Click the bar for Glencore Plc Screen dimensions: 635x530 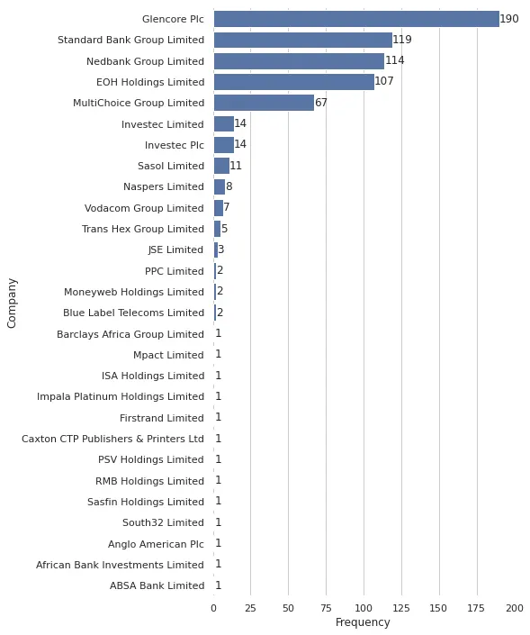click(356, 19)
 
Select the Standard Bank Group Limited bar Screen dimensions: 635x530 click(302, 40)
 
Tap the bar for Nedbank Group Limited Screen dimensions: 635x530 click(299, 61)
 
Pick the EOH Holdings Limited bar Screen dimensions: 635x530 click(293, 82)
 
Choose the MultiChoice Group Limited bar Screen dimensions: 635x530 click(264, 103)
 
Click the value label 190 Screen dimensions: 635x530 click(509, 19)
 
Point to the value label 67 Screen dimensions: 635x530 click(321, 103)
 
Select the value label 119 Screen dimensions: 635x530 click(402, 40)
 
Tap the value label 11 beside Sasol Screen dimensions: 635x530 click(236, 166)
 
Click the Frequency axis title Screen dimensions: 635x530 click(363, 622)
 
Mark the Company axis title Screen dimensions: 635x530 click(13, 303)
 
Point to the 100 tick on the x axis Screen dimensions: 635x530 click(364, 608)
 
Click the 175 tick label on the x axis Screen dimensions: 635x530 click(477, 608)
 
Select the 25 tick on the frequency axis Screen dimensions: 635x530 click(251, 608)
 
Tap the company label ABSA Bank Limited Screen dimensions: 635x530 click(157, 585)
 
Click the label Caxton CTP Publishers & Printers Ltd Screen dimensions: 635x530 click(112, 439)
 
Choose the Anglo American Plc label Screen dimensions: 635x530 click(156, 544)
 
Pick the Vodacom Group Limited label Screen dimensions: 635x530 click(144, 208)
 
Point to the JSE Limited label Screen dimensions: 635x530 click(175, 249)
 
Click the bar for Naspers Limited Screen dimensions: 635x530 click(220, 186)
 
